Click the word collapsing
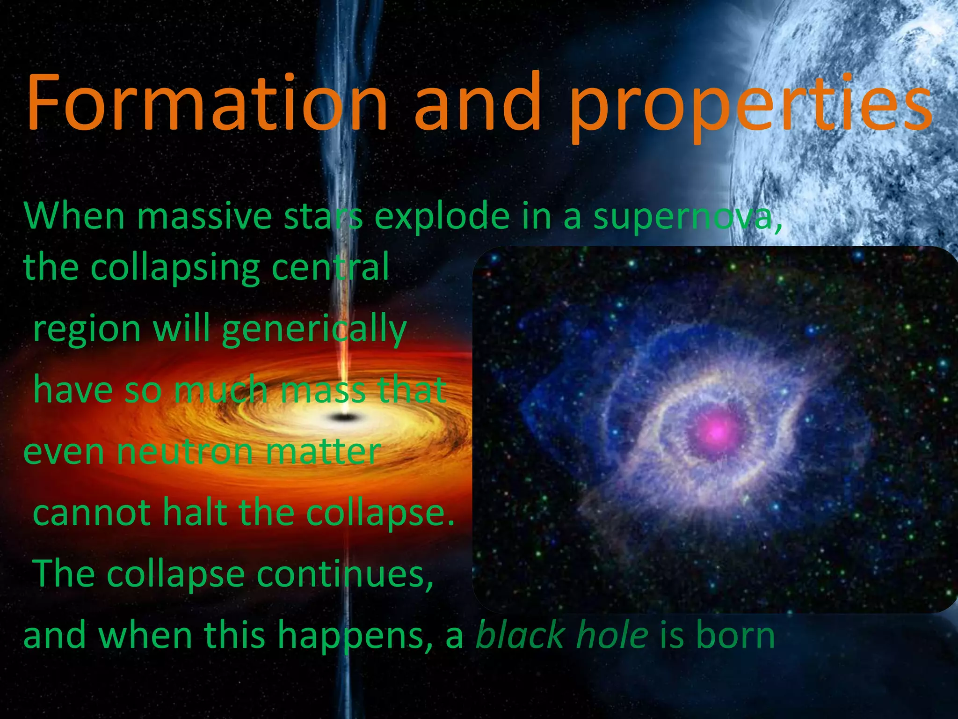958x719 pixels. click(x=175, y=268)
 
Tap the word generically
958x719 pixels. click(x=314, y=330)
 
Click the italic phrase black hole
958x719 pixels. click(x=561, y=636)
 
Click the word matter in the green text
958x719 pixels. click(x=323, y=452)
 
